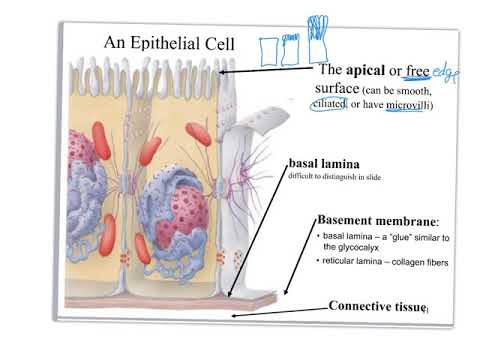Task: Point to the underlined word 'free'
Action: pos(418,72)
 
